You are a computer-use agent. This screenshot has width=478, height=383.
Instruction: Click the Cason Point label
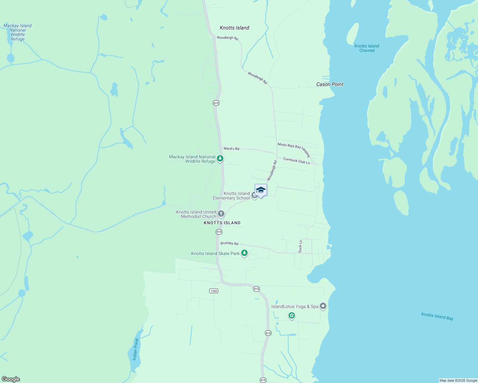click(330, 84)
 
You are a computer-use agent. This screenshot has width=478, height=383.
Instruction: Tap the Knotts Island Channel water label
click(367, 48)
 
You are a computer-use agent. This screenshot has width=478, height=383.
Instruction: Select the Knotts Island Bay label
click(437, 316)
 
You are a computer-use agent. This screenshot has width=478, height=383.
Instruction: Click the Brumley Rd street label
click(229, 243)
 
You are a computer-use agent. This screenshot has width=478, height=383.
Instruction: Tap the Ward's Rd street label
click(231, 149)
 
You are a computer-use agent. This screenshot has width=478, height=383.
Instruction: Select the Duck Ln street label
click(300, 246)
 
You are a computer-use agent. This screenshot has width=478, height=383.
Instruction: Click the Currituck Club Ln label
click(297, 161)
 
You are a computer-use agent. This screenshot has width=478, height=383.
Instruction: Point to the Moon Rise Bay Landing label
click(294, 149)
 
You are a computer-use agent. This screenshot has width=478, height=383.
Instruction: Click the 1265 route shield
click(214, 291)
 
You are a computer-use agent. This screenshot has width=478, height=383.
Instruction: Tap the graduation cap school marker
click(261, 190)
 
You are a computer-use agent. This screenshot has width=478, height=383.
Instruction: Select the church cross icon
click(221, 214)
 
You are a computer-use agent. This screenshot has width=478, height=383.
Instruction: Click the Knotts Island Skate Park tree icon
click(244, 253)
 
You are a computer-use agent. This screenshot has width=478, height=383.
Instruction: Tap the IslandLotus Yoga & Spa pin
click(323, 306)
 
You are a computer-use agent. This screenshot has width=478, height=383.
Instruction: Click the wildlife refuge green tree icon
click(220, 158)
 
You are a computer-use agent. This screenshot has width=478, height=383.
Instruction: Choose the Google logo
click(11, 379)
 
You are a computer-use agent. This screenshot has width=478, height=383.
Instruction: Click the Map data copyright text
click(458, 380)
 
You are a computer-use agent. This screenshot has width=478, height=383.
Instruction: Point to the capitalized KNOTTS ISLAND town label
click(222, 223)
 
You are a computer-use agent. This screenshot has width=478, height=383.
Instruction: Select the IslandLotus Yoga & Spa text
click(295, 306)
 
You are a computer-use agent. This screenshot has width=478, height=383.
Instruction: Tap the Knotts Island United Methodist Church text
click(196, 214)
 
